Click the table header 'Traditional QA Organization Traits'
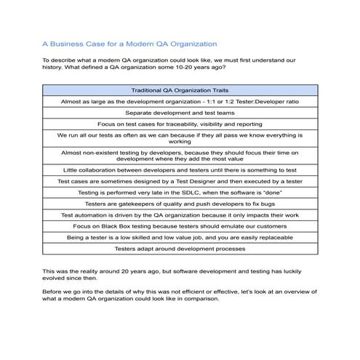[180, 90]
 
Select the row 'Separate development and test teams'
[180, 113]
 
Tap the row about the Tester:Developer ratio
[180, 102]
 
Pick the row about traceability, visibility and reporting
[180, 124]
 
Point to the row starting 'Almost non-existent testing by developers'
[180, 156]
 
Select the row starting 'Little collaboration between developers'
[180, 169]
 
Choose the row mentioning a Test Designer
[180, 181]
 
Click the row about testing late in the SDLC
[180, 193]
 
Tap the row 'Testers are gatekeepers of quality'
[180, 204]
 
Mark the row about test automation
[180, 215]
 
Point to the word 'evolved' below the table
[56, 277]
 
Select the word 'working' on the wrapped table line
[180, 142]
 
